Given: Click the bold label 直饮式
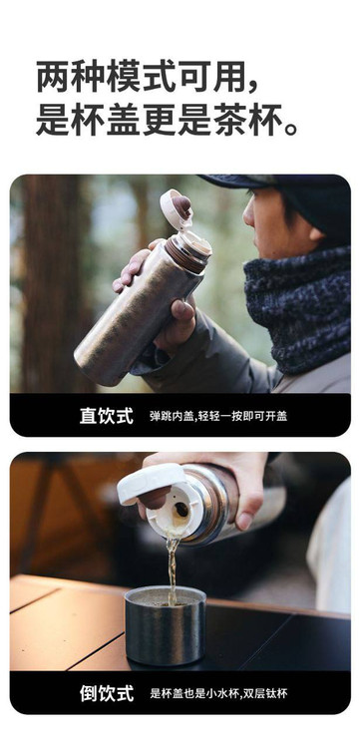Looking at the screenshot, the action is (x=107, y=416).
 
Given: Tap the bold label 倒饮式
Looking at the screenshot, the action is (x=107, y=693).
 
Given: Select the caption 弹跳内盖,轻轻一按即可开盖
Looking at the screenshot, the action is (x=218, y=416).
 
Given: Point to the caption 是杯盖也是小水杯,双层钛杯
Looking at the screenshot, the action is (x=218, y=693).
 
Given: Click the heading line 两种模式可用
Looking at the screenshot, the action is (x=148, y=77).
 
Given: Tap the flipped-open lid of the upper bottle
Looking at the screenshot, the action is (x=177, y=208).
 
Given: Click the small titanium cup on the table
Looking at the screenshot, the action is (x=165, y=625).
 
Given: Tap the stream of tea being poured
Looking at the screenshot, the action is (x=172, y=567).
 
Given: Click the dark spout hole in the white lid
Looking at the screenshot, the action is (x=181, y=510).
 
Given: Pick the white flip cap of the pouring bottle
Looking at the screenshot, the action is (x=152, y=483).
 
